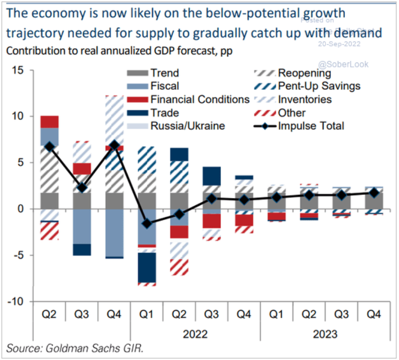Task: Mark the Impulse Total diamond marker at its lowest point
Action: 147,223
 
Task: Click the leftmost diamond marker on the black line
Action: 49,147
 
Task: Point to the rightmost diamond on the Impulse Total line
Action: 374,193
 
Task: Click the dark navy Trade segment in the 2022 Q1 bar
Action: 147,267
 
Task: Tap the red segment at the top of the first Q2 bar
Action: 49,122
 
